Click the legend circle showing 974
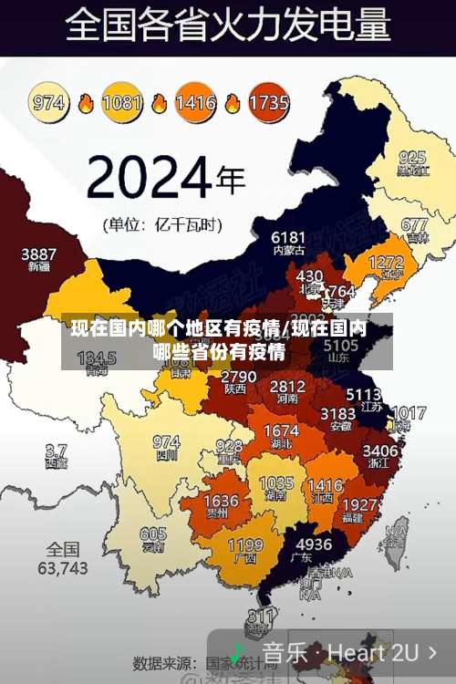(x=50, y=101)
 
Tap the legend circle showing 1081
(x=122, y=101)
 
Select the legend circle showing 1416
(x=195, y=101)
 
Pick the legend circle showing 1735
(x=267, y=101)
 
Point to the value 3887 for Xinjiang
(x=38, y=254)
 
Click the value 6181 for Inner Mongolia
(x=288, y=237)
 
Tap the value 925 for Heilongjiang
(x=412, y=157)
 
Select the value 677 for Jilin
(x=414, y=223)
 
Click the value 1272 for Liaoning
(x=385, y=262)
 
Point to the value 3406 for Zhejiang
(x=379, y=451)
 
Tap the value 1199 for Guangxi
(x=244, y=545)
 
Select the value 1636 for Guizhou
(x=221, y=502)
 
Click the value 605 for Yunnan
(x=153, y=534)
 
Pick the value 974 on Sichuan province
(x=166, y=441)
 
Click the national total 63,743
(x=62, y=567)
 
